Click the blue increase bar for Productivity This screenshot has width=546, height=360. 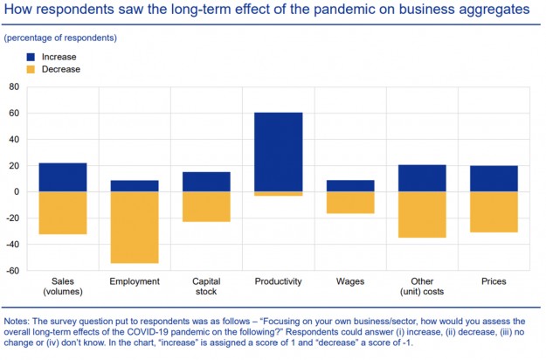[x=279, y=151]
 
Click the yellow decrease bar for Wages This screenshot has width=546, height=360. [x=349, y=202]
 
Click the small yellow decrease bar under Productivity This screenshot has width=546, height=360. [x=279, y=193]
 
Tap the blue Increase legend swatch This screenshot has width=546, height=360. [x=30, y=56]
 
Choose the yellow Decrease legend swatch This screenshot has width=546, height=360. [x=30, y=68]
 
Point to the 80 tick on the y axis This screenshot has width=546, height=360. [x=13, y=87]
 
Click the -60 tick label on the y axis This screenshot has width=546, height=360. [x=11, y=270]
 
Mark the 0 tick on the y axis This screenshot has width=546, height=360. [x=16, y=191]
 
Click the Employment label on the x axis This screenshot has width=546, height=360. [x=134, y=281]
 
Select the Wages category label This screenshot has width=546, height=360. [x=349, y=281]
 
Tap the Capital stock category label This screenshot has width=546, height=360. [x=205, y=287]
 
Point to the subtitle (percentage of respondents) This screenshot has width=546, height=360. [x=60, y=38]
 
